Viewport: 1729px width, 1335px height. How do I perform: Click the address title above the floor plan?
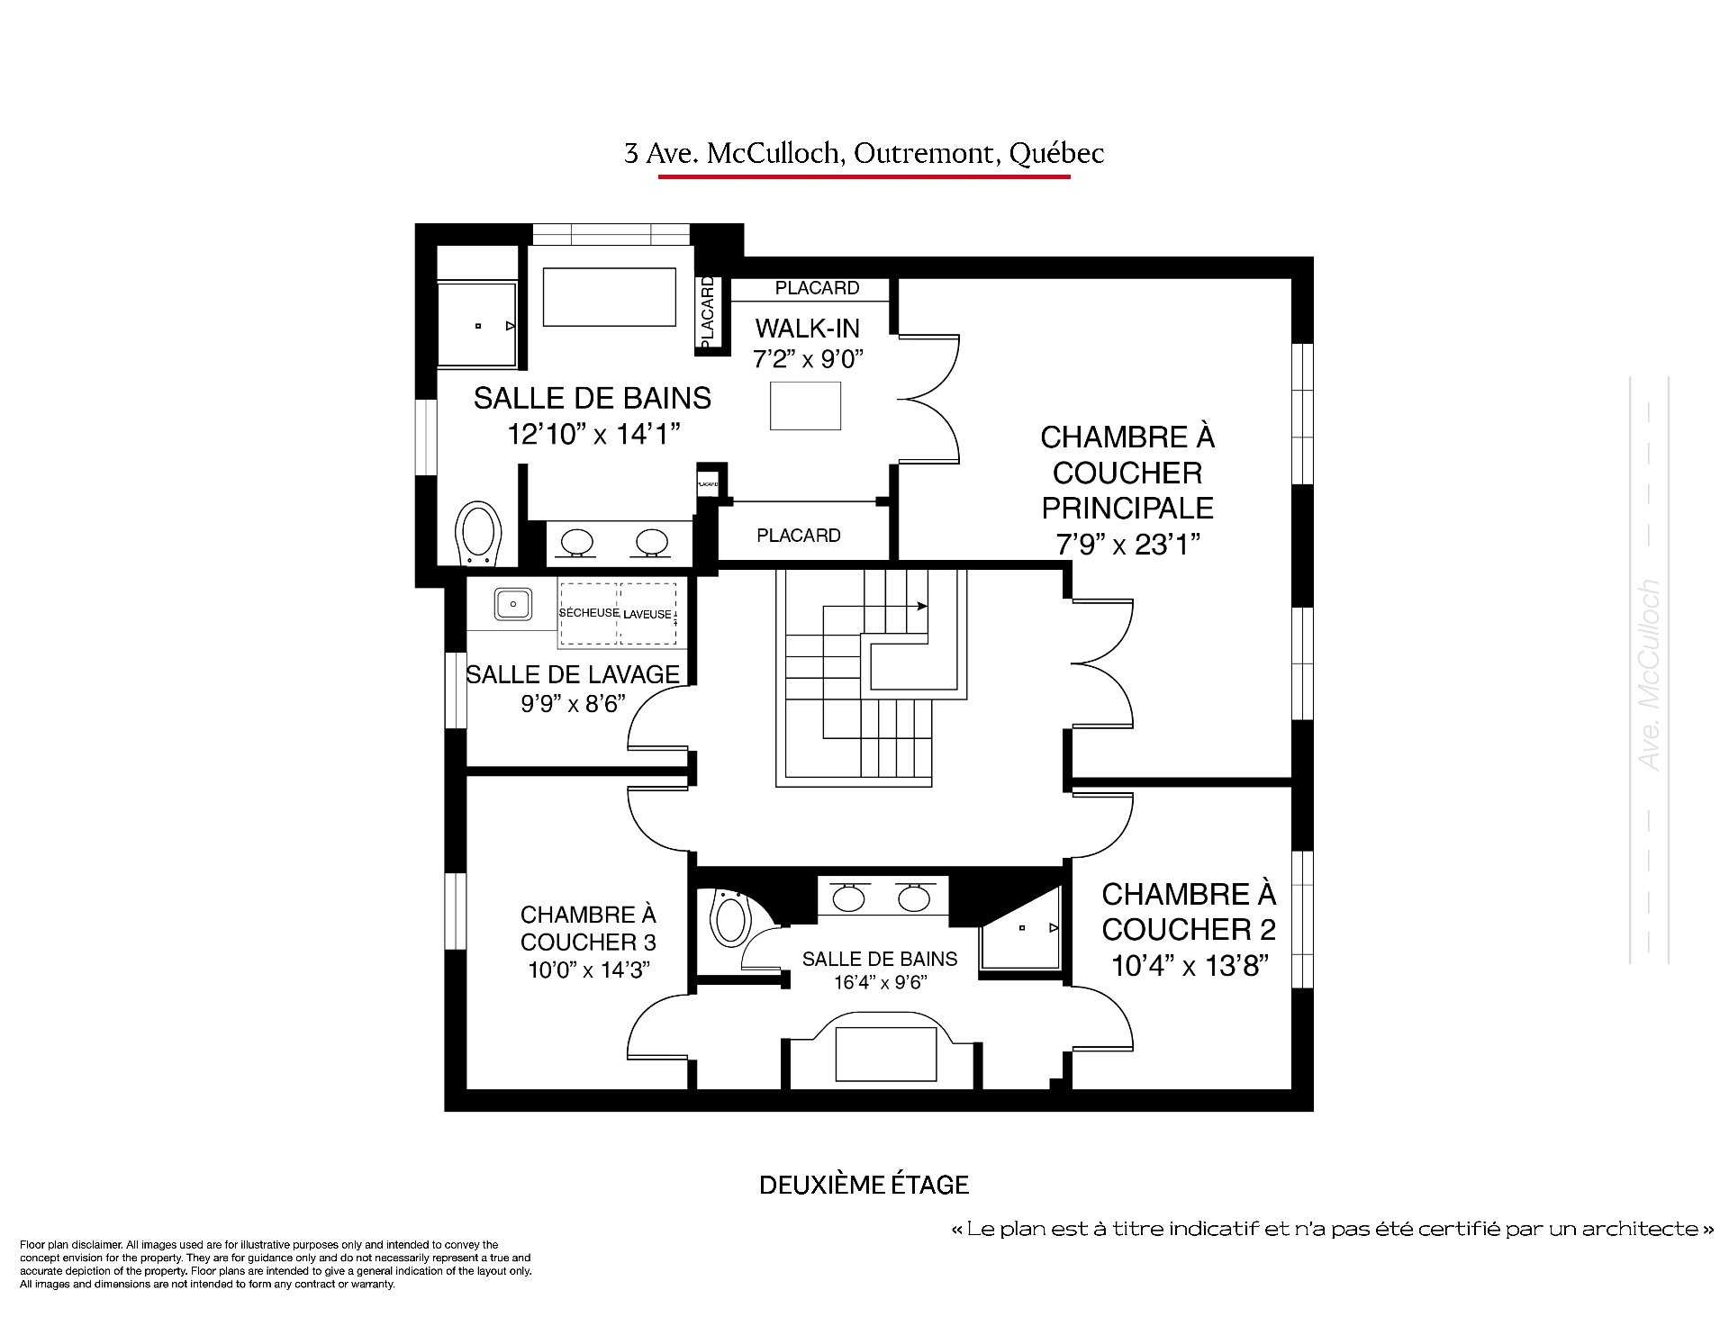pyautogui.click(x=864, y=154)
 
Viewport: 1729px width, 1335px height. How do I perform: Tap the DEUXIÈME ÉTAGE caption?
pyautogui.click(x=864, y=1185)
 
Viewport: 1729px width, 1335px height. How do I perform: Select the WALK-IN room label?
pyautogui.click(x=808, y=328)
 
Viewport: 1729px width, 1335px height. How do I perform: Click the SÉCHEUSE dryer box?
pyautogui.click(x=589, y=613)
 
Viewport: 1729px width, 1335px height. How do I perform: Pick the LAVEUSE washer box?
pyautogui.click(x=647, y=613)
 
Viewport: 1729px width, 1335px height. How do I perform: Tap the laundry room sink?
pyautogui.click(x=511, y=603)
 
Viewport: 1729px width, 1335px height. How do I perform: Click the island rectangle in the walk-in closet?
pyautogui.click(x=806, y=406)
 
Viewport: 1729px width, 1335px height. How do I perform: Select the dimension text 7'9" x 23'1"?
pyautogui.click(x=1128, y=544)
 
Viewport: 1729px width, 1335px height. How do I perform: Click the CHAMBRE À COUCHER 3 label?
pyautogui.click(x=588, y=929)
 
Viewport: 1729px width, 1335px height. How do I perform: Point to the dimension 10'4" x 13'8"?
pyautogui.click(x=1190, y=966)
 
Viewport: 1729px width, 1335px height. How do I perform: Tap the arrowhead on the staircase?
pyautogui.click(x=922, y=607)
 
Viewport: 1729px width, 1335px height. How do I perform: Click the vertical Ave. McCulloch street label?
pyautogui.click(x=1649, y=674)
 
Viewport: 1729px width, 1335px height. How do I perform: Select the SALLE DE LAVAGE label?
pyautogui.click(x=573, y=674)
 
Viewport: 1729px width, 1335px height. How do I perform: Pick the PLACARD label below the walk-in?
pyautogui.click(x=799, y=536)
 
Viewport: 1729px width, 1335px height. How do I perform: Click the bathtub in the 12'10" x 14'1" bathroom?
pyautogui.click(x=609, y=297)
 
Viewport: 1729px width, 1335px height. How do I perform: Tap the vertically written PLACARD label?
pyautogui.click(x=707, y=312)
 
